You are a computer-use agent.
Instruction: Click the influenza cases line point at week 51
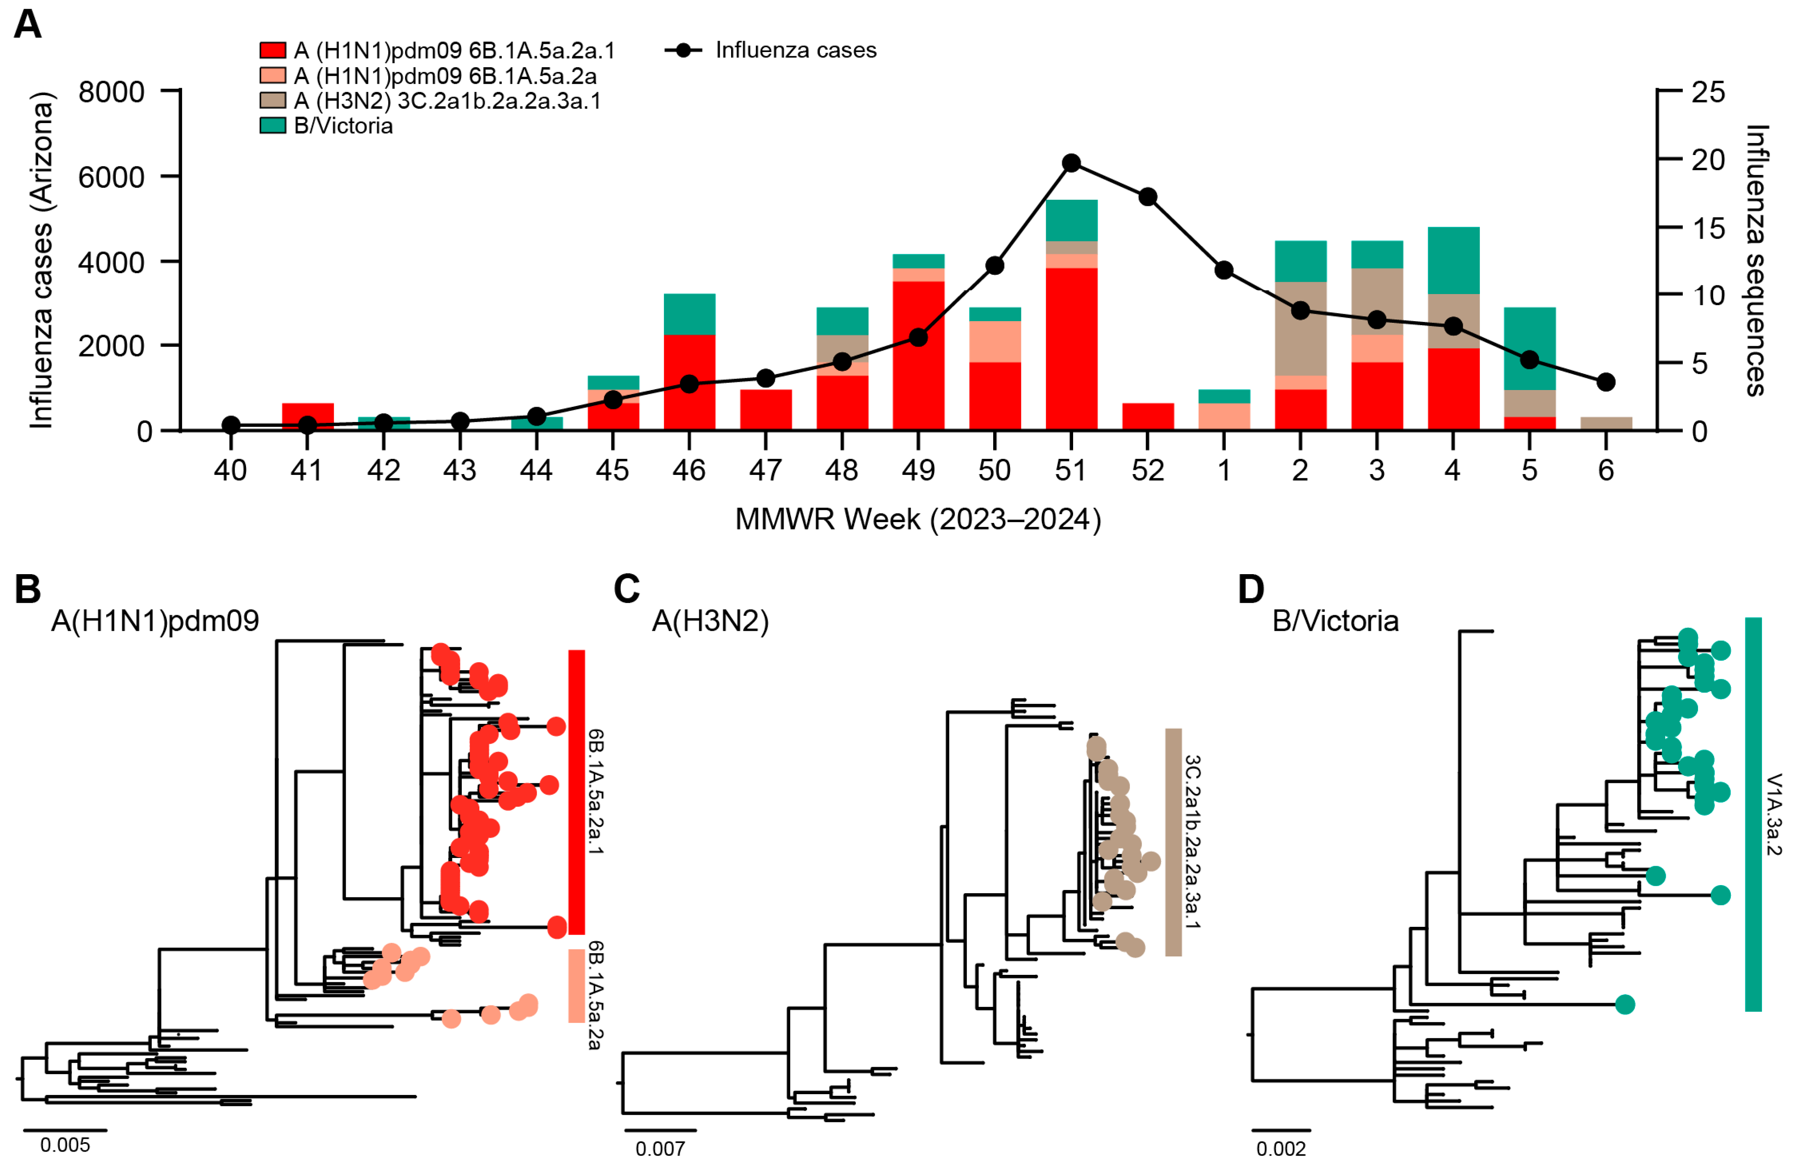click(x=1070, y=163)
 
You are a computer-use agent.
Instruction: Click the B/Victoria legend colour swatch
click(x=272, y=125)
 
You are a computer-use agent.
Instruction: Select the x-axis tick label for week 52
click(x=1147, y=470)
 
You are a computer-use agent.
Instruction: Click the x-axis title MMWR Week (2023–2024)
click(x=917, y=520)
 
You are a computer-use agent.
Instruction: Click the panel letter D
click(x=1251, y=589)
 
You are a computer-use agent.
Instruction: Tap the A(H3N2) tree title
click(x=710, y=620)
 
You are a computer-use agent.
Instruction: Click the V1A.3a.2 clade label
click(x=1773, y=814)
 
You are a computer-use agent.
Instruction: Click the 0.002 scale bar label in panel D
click(x=1281, y=1148)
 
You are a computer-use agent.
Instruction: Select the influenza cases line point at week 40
click(x=231, y=425)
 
